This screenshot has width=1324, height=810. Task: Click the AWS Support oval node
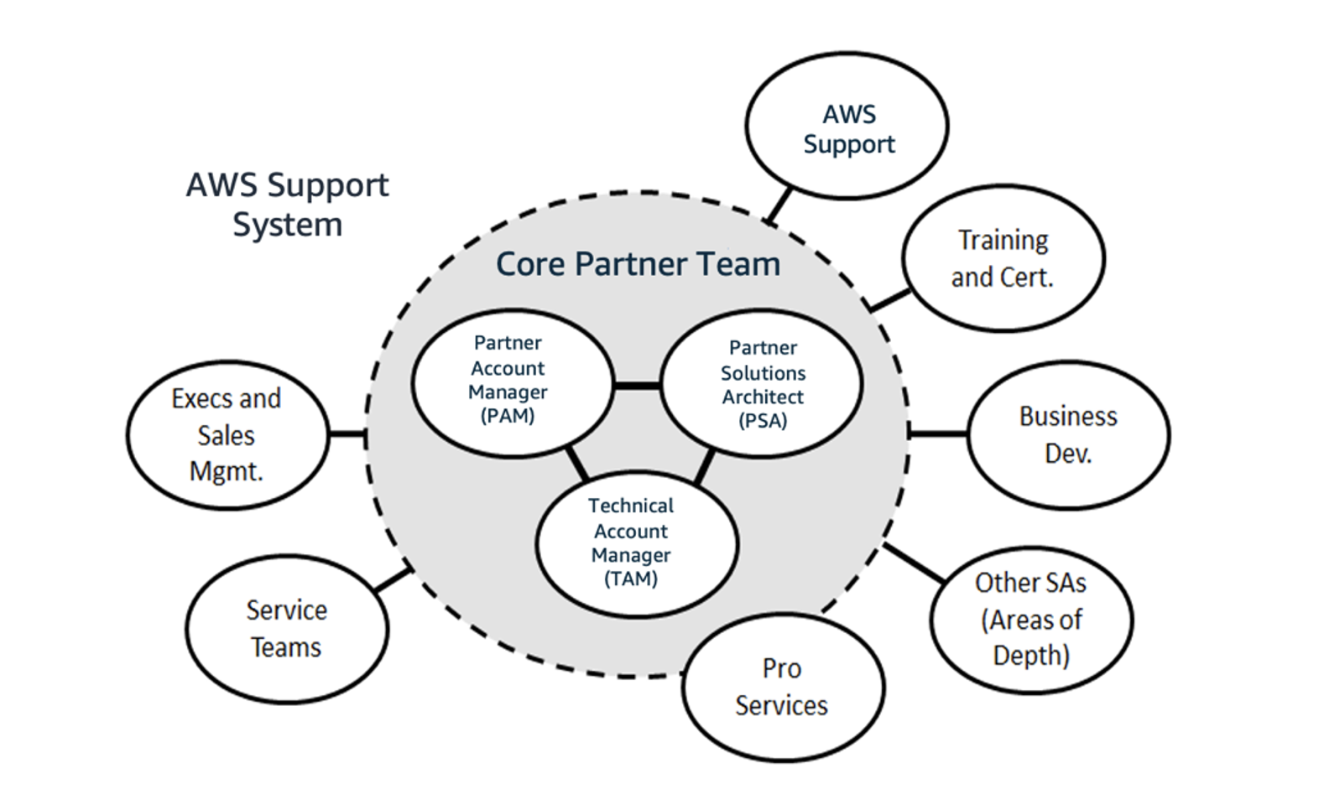(847, 127)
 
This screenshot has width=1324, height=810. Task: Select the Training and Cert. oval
(1003, 258)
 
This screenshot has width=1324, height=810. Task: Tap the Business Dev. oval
(1068, 434)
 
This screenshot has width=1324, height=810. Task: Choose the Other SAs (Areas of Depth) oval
(1031, 619)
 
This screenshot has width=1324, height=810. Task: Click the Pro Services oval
(782, 687)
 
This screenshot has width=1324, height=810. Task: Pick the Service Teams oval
(286, 628)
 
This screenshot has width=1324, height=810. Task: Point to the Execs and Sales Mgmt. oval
(227, 434)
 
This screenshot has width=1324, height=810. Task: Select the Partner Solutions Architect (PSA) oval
(762, 384)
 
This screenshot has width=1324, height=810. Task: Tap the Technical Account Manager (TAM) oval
(632, 542)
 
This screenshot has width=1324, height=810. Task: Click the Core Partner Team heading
(638, 264)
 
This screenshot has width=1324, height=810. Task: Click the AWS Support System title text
(287, 204)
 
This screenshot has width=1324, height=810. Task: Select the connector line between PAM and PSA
(637, 386)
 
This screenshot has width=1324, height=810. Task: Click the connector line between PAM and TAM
(576, 464)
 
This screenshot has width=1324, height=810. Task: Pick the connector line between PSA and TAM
(705, 467)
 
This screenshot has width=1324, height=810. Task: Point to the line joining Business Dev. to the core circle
(938, 434)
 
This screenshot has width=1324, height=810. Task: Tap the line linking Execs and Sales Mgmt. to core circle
(347, 434)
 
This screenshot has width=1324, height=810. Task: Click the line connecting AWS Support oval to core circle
(779, 205)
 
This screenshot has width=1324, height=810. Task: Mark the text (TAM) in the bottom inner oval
(631, 579)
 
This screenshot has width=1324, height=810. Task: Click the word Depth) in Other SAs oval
(1031, 655)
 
